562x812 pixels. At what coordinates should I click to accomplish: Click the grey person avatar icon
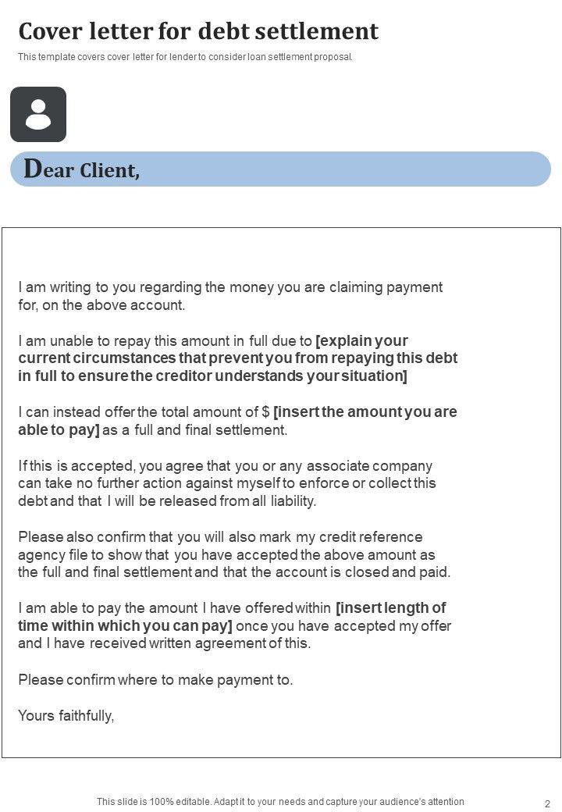click(x=38, y=114)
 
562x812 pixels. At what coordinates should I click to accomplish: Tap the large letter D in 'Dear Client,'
click(x=33, y=169)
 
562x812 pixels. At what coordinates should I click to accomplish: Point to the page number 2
click(x=547, y=803)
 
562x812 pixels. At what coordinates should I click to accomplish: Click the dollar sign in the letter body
click(x=265, y=412)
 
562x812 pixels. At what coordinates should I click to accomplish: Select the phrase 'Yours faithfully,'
click(x=66, y=715)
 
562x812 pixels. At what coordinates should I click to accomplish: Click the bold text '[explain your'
click(x=362, y=341)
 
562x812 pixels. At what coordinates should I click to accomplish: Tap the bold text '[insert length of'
click(x=390, y=608)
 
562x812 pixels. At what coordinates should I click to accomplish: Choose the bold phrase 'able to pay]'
click(x=59, y=430)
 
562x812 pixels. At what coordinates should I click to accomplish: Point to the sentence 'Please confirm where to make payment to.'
click(x=155, y=680)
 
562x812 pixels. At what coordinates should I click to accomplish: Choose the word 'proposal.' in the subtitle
click(x=336, y=57)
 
